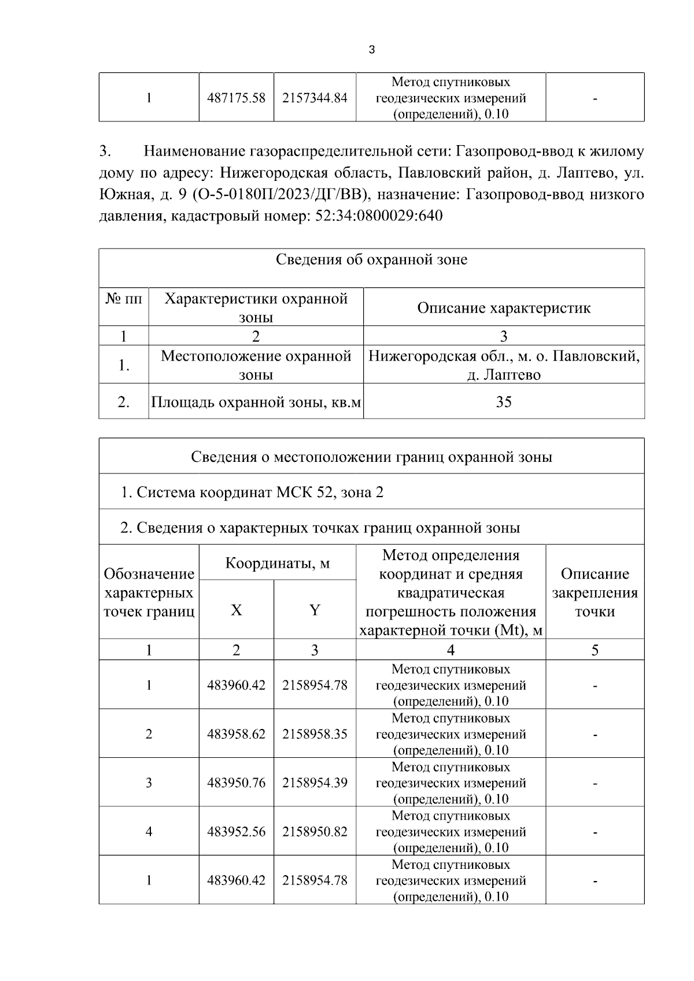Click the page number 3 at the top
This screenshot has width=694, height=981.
coord(371,50)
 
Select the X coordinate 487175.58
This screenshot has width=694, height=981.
coord(236,98)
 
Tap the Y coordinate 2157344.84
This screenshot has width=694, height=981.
coord(315,98)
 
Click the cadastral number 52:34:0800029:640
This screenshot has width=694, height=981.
coord(379,216)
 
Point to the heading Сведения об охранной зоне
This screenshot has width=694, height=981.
coord(371,260)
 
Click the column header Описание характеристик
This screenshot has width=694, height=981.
coord(504,308)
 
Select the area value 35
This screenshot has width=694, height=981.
coord(504,402)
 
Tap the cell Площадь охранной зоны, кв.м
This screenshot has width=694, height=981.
coord(256,402)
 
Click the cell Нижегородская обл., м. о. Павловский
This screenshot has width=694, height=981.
coord(504,356)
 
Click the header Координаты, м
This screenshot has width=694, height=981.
coord(277,562)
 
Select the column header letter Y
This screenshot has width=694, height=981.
coord(315,610)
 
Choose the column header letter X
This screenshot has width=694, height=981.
coord(236,610)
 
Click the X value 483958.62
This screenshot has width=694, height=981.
coord(236,734)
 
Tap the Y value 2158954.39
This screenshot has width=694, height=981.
coord(315,783)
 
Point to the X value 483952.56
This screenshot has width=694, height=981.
coord(236,832)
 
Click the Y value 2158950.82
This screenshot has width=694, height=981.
coord(315,832)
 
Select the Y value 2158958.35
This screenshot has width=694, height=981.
coord(315,734)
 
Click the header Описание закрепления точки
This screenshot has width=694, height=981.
coord(595,593)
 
